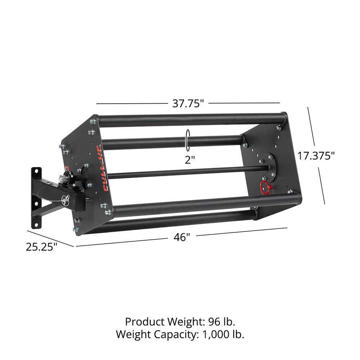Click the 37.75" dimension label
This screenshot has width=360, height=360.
tap(188, 103)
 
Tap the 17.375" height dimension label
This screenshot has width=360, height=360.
tap(316, 156)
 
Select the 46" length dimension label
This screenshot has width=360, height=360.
tap(182, 237)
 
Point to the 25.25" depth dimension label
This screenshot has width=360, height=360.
tap(41, 247)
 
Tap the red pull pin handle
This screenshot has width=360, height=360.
tap(265, 186)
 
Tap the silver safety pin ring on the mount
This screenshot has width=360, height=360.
tap(66, 198)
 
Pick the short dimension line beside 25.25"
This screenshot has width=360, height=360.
tap(50, 238)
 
